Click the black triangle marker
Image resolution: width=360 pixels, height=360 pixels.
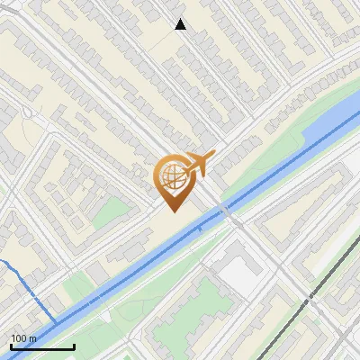tap(180, 24)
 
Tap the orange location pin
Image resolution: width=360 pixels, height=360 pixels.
tap(175, 180)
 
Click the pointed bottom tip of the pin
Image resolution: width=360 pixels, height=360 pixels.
tap(175, 211)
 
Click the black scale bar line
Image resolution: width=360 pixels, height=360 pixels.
tap(41, 346)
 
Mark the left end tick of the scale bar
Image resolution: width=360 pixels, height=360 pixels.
tap(10, 345)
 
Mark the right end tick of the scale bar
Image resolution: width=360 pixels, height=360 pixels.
tap(74, 345)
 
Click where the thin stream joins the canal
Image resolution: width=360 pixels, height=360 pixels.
tap(57, 321)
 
